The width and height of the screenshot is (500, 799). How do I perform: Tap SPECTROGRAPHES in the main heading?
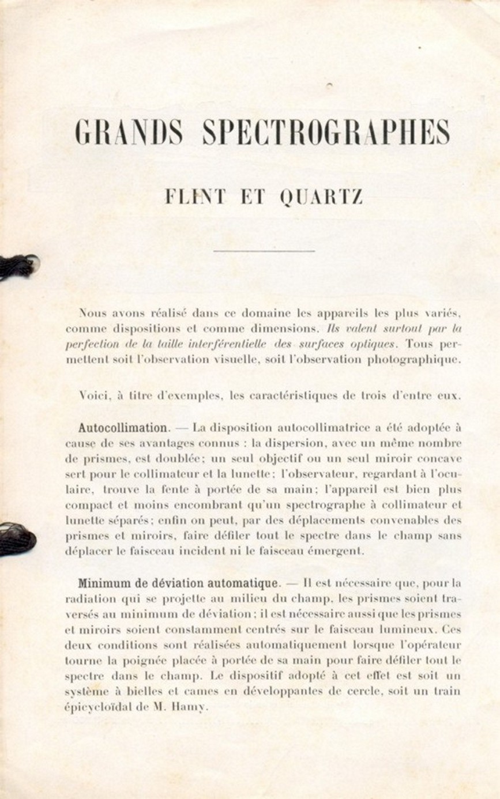tap(326, 133)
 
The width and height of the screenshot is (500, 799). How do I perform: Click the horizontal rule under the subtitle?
tap(264, 251)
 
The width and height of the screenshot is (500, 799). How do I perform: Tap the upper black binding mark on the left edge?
tap(17, 266)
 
